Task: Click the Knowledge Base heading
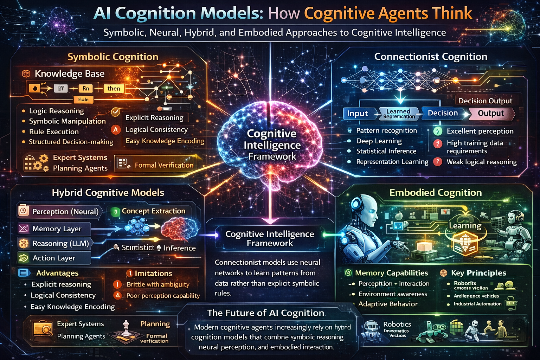69,74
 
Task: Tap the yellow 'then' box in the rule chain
114,89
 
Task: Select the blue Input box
358,114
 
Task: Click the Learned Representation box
399,114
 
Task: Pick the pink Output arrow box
491,113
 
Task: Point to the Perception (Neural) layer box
60,211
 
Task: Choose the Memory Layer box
54,229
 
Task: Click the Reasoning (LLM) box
56,243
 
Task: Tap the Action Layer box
54,258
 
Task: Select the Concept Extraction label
153,211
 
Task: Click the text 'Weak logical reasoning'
481,162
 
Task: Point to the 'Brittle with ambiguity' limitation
158,284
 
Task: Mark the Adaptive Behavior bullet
388,304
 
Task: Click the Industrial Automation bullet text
477,304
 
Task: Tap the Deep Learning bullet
379,141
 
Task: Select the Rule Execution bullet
54,132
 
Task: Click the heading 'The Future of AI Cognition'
265,313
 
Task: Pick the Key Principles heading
478,273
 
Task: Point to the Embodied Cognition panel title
435,193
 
